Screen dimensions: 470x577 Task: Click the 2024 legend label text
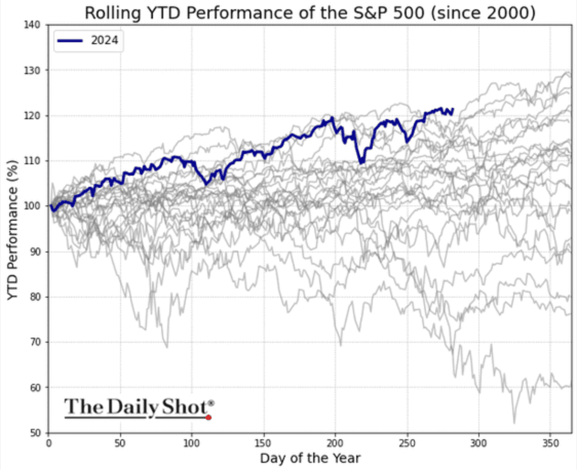tap(105, 42)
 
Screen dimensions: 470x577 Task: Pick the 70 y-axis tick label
tap(38, 342)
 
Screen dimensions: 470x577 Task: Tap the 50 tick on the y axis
tap(38, 433)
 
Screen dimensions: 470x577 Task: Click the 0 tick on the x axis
tap(48, 442)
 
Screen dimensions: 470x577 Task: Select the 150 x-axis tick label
tap(263, 442)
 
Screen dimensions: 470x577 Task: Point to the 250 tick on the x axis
tap(407, 442)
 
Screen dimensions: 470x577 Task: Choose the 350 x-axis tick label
tap(550, 442)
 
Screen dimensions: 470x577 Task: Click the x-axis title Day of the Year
tap(310, 458)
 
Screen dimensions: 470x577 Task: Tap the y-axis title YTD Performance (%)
tap(13, 229)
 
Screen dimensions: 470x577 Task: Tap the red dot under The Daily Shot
tap(208, 417)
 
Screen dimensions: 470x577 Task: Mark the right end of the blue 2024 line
tap(452, 109)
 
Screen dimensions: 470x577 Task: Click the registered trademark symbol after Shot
tap(211, 403)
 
